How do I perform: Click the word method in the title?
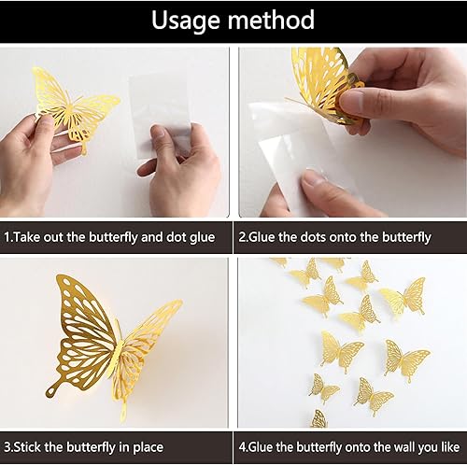tap(272, 20)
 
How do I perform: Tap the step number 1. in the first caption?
tap(9, 237)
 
